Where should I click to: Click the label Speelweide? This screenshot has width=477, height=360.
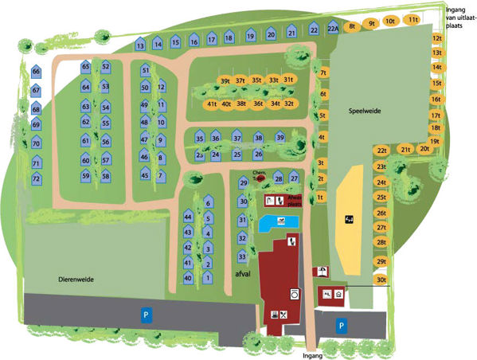(x=366, y=112)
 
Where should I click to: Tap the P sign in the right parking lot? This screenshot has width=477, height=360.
(x=340, y=325)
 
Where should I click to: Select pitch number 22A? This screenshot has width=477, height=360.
(x=334, y=29)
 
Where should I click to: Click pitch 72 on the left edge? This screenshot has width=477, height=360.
(x=36, y=178)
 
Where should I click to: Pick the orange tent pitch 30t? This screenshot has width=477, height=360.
(x=382, y=280)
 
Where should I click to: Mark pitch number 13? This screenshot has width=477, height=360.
(x=140, y=46)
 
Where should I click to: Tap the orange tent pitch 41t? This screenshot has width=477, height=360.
(x=212, y=104)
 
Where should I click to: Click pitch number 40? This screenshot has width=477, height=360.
(x=188, y=278)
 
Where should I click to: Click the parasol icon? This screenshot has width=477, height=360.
(x=321, y=271)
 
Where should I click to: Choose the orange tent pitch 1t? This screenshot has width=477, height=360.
(x=319, y=196)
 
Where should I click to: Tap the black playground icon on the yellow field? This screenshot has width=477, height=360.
(x=348, y=217)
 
